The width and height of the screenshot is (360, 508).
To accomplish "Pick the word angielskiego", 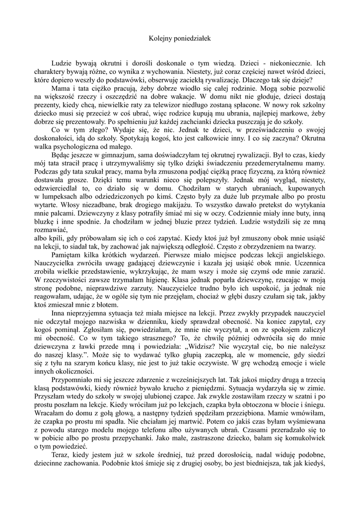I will point(302,255).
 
